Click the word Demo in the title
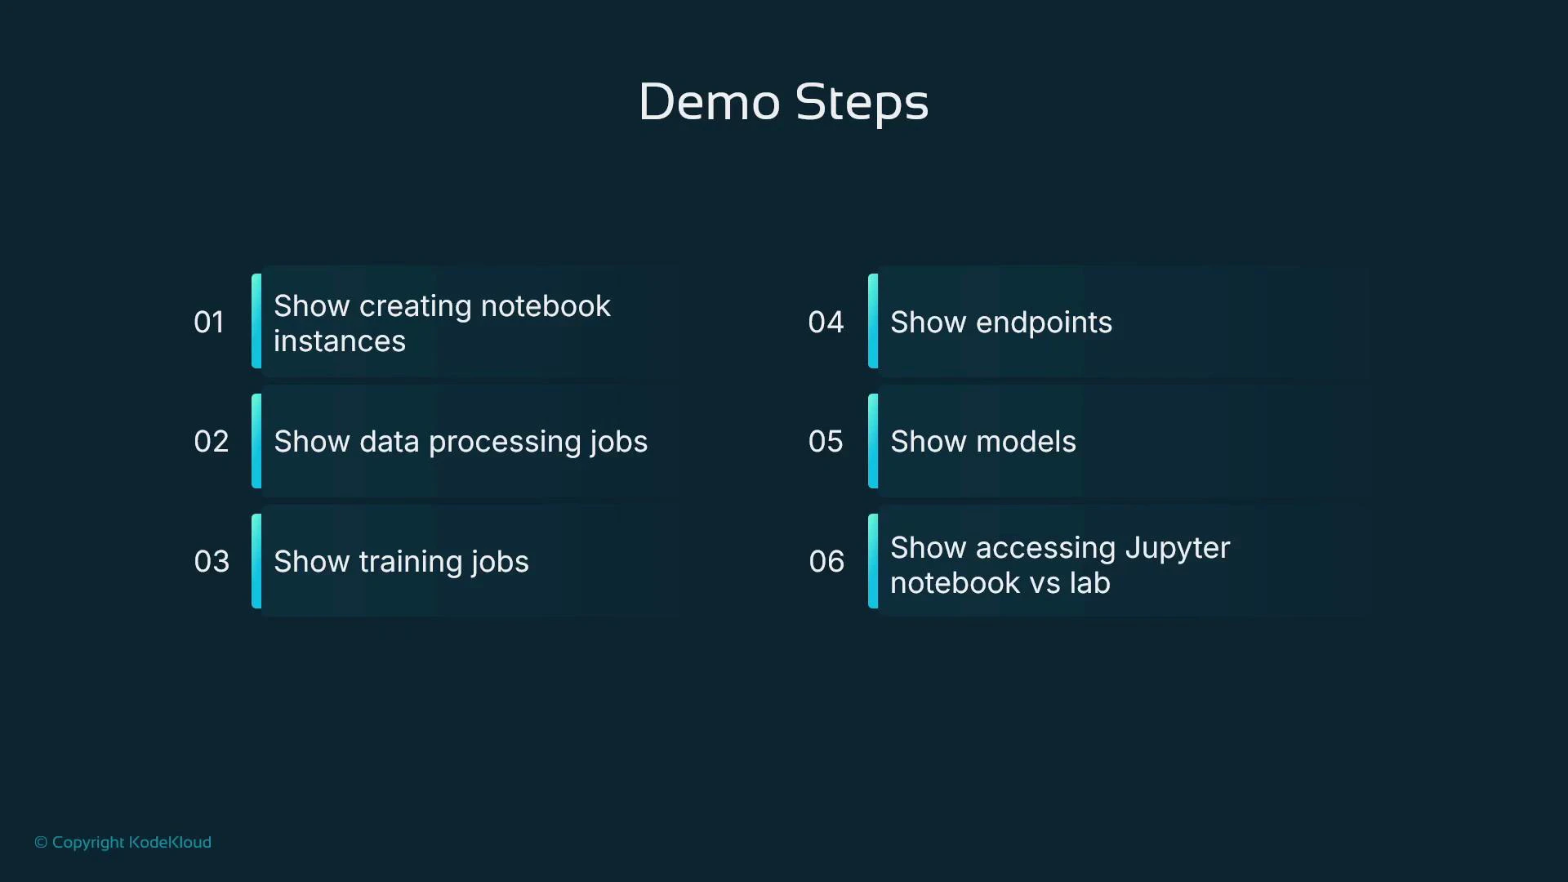709,103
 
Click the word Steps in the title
862,103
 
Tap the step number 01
209,322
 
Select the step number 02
211,441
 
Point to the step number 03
212,561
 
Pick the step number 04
826,322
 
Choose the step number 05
826,441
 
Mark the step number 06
826,561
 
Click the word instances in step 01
340,341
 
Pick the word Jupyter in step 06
1177,548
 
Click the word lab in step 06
1089,583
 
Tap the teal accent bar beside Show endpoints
873,321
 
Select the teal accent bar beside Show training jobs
256,561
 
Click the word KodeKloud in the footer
170,842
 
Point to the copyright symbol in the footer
41,843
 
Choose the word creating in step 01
416,306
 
